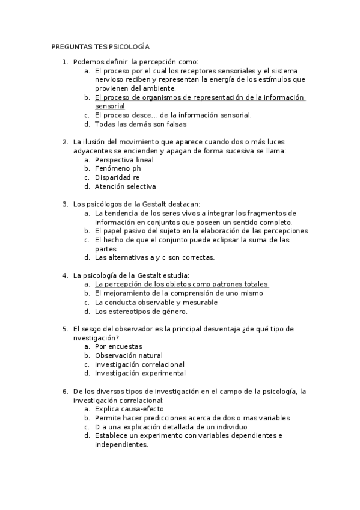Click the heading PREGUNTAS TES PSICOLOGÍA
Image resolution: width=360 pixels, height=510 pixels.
pyautogui.click(x=100, y=46)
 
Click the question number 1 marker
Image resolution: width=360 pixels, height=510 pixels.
pyautogui.click(x=65, y=61)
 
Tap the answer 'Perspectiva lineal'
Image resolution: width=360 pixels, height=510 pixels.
pyautogui.click(x=124, y=160)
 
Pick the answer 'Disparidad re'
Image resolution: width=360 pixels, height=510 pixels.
pyautogui.click(x=117, y=177)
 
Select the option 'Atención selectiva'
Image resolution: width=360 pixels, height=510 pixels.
pyautogui.click(x=125, y=186)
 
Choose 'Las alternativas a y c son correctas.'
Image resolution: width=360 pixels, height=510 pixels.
pyautogui.click(x=154, y=258)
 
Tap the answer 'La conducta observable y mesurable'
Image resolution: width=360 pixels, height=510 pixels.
pyautogui.click(x=156, y=303)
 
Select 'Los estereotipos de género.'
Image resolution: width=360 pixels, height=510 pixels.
pyautogui.click(x=141, y=312)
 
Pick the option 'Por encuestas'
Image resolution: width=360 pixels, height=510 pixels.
pyautogui.click(x=118, y=347)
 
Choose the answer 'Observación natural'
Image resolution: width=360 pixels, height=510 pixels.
pyautogui.click(x=129, y=355)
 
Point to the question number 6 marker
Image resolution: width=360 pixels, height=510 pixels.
pyautogui.click(x=65, y=392)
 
